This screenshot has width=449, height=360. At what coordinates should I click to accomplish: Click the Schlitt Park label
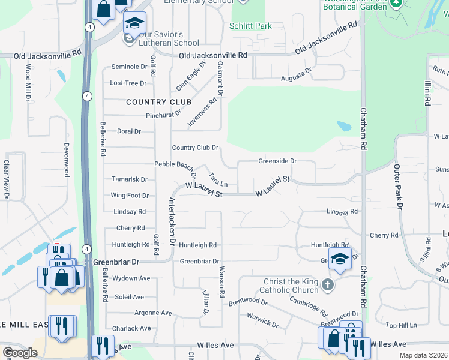250,26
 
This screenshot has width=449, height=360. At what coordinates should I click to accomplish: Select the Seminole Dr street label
129,67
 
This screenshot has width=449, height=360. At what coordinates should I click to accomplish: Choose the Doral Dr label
128,131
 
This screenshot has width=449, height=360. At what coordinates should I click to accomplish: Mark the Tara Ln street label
218,179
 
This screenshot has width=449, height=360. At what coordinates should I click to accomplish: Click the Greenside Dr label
277,161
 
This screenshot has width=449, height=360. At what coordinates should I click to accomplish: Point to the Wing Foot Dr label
130,196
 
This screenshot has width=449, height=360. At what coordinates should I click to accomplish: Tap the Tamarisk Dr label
130,179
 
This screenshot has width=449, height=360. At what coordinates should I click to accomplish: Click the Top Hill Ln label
400,325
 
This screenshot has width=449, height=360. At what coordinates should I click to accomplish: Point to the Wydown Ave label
131,278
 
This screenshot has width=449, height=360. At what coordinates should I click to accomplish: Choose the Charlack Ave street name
131,329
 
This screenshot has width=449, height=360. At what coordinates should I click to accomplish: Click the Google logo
20,353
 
